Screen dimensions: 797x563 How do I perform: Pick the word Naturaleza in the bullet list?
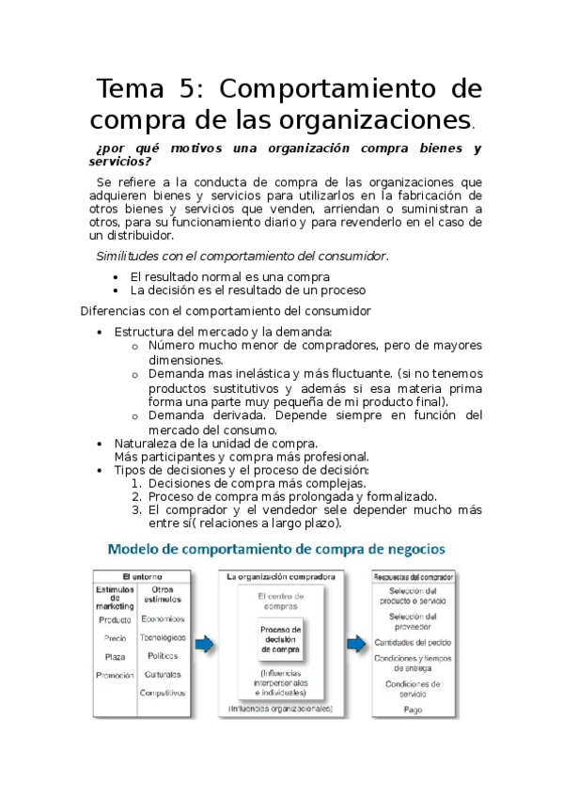[x=147, y=443]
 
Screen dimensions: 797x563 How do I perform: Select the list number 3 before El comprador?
[x=136, y=509]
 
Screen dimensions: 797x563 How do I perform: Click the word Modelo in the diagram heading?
[x=140, y=549]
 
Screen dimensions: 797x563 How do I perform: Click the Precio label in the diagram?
[x=114, y=638]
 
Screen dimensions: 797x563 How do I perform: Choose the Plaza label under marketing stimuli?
[x=114, y=657]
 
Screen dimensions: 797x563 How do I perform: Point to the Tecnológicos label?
[x=163, y=637]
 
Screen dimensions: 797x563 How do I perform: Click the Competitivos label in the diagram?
[x=163, y=693]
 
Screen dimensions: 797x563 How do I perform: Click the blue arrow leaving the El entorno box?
[x=204, y=644]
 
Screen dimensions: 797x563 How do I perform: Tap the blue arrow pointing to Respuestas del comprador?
[x=356, y=644]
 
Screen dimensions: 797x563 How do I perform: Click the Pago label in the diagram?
[x=413, y=710]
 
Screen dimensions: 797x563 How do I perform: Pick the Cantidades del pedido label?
[x=413, y=642]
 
